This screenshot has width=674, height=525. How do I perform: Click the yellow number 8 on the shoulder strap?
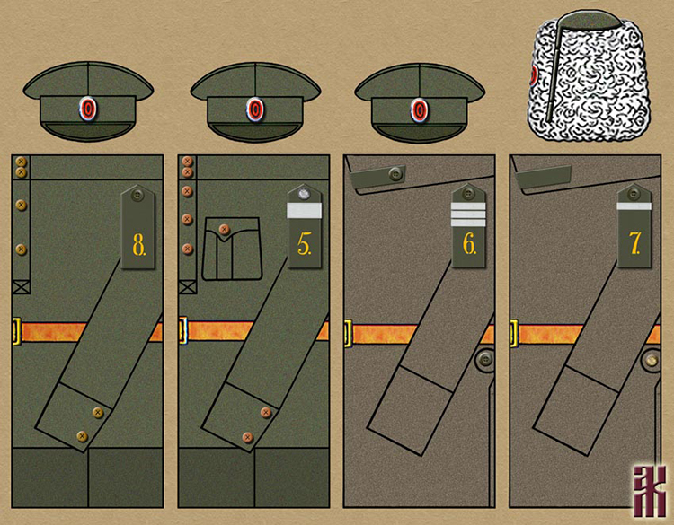139,245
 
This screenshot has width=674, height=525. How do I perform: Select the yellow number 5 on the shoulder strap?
305,244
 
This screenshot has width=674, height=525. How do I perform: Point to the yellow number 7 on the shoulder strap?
635,245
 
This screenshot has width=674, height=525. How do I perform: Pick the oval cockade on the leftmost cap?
87,109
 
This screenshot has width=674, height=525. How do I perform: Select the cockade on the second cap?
255,109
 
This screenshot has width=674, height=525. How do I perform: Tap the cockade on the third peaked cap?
420,109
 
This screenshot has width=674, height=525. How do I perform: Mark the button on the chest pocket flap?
224,230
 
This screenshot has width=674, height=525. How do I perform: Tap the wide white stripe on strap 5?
304,212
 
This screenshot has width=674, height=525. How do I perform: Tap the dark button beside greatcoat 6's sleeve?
483,359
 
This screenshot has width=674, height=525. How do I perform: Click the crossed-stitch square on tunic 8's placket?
21,287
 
